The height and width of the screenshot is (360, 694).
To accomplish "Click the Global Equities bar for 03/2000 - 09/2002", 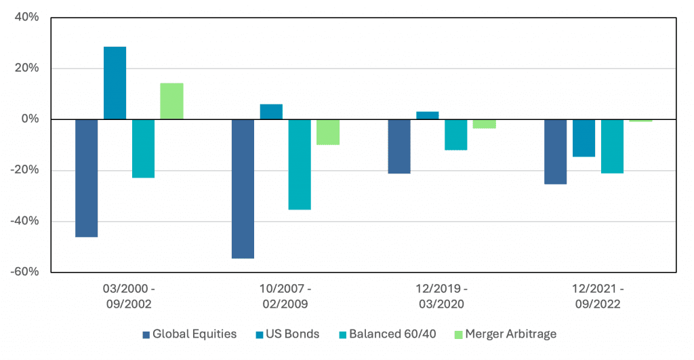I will pyautogui.click(x=86, y=178).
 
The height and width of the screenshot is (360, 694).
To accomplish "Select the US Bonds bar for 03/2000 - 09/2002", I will pyautogui.click(x=115, y=83).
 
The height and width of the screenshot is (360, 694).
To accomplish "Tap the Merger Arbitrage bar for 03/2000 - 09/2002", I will pyautogui.click(x=171, y=101).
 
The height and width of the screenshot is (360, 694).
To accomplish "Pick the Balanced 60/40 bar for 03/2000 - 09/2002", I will pyautogui.click(x=143, y=148).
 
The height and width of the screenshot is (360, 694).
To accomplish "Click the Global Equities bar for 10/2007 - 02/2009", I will pyautogui.click(x=243, y=189).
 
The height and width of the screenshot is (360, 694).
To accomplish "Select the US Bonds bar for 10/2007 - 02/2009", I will pyautogui.click(x=271, y=112).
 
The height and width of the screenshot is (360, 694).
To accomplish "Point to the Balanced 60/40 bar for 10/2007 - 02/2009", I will pyautogui.click(x=300, y=165).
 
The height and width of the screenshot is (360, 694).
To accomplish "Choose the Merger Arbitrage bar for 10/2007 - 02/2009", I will pyautogui.click(x=328, y=132).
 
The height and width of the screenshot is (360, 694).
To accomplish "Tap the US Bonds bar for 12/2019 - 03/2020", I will pyautogui.click(x=428, y=115).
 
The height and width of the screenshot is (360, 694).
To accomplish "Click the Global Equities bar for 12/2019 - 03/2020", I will pyautogui.click(x=399, y=146).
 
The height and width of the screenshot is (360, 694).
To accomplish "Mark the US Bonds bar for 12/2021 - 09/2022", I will pyautogui.click(x=584, y=138).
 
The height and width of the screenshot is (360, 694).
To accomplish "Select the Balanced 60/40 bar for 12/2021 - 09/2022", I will pyautogui.click(x=612, y=146).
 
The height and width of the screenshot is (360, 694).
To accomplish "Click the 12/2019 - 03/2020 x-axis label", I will pyautogui.click(x=441, y=296).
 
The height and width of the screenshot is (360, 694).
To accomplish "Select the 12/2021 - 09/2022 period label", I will pyautogui.click(x=598, y=296).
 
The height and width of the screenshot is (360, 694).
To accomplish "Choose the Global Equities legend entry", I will pyautogui.click(x=189, y=334).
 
